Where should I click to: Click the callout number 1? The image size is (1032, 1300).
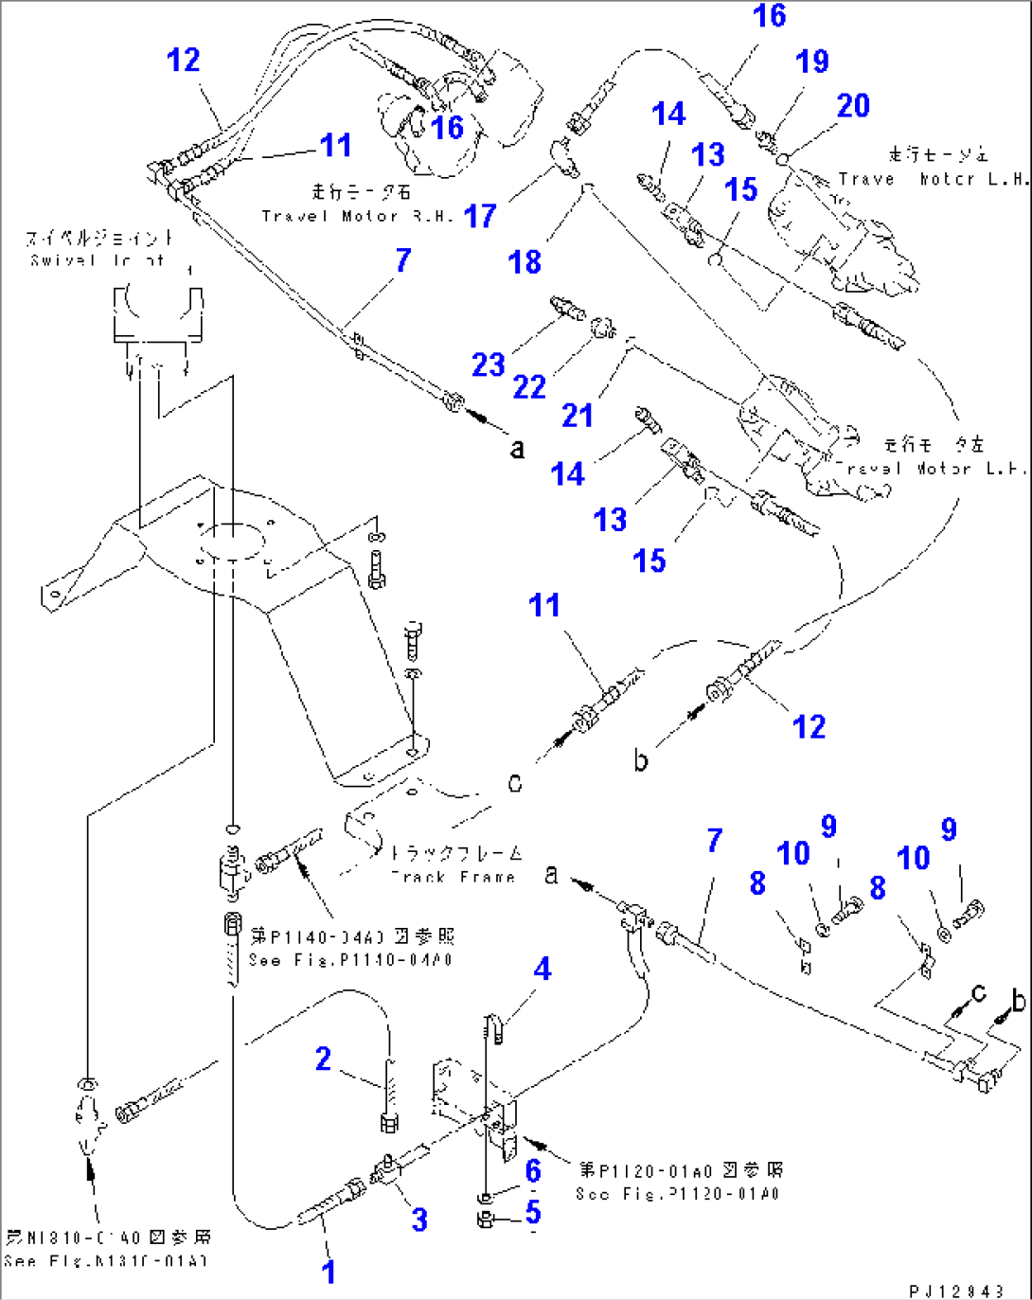[329, 1272]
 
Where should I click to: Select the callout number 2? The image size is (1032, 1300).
[323, 1059]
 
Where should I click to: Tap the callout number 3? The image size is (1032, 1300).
[419, 1220]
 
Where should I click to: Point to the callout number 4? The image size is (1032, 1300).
[542, 969]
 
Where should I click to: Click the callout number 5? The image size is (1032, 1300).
[533, 1212]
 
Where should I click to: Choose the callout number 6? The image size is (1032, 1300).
[533, 1171]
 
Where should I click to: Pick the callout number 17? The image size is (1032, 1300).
[480, 216]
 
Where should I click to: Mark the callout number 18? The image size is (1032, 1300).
[525, 261]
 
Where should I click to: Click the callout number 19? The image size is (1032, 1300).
[812, 62]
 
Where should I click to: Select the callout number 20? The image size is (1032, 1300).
[853, 105]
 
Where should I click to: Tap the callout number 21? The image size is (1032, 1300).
[578, 415]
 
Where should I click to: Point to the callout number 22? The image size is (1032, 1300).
[529, 386]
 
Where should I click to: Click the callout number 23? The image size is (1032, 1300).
[489, 365]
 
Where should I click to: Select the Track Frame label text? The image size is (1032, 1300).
[454, 877]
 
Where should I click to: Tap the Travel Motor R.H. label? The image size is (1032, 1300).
[357, 216]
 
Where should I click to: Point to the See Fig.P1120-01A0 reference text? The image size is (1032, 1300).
[677, 1193]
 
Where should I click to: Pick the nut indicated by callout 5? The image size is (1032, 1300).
[485, 1220]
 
